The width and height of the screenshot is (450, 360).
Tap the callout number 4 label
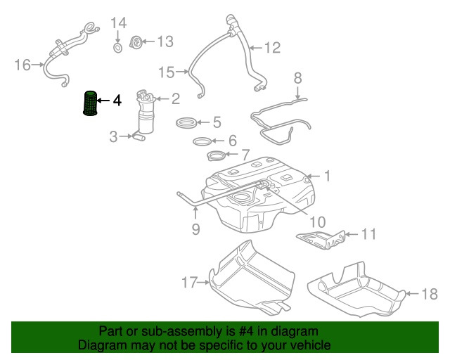click(x=117, y=101)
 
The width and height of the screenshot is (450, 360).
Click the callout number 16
click(x=22, y=65)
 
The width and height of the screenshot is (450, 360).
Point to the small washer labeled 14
click(x=118, y=48)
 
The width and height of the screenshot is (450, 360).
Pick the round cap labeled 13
click(x=139, y=42)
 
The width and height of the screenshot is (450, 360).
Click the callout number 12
click(x=271, y=48)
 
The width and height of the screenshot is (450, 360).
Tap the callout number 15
click(x=166, y=72)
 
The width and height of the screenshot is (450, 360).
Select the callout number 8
click(x=297, y=77)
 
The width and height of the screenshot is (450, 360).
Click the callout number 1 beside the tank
click(x=326, y=174)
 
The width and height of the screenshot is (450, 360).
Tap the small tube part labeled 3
click(x=138, y=136)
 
